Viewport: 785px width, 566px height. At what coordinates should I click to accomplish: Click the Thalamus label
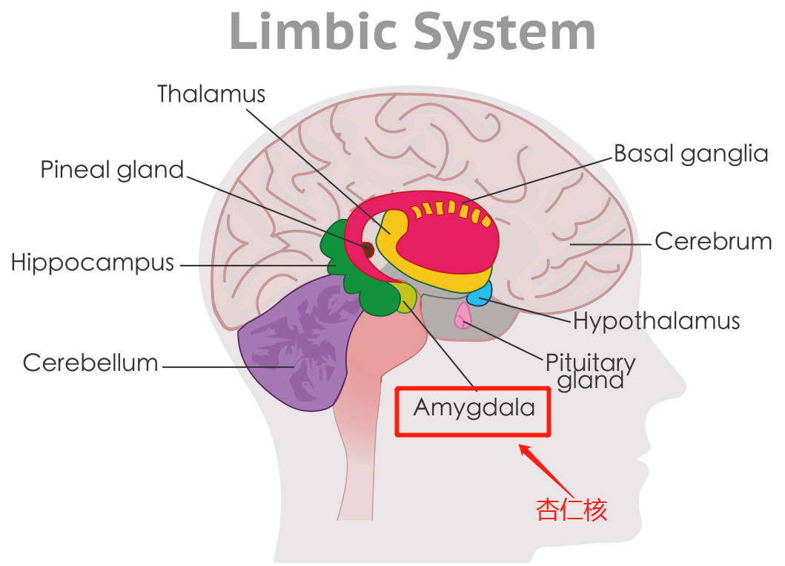click(211, 94)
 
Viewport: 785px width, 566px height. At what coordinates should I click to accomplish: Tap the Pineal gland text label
click(112, 170)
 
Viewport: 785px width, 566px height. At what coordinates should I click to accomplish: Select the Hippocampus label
click(93, 263)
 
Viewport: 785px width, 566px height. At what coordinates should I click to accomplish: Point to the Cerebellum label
click(90, 363)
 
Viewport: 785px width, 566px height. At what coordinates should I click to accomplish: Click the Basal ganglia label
click(691, 154)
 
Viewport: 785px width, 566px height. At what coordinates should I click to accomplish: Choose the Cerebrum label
click(713, 242)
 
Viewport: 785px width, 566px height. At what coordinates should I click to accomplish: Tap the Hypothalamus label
click(657, 321)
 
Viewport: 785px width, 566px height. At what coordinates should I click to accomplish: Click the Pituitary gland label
click(590, 372)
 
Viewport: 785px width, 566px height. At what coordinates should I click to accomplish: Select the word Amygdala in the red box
click(474, 408)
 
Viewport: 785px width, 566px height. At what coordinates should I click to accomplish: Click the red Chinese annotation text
click(572, 510)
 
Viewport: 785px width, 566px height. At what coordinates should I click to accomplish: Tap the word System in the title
click(504, 33)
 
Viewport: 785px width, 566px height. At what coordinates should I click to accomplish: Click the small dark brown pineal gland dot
click(367, 250)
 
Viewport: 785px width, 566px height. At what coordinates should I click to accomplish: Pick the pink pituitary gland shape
click(463, 315)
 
